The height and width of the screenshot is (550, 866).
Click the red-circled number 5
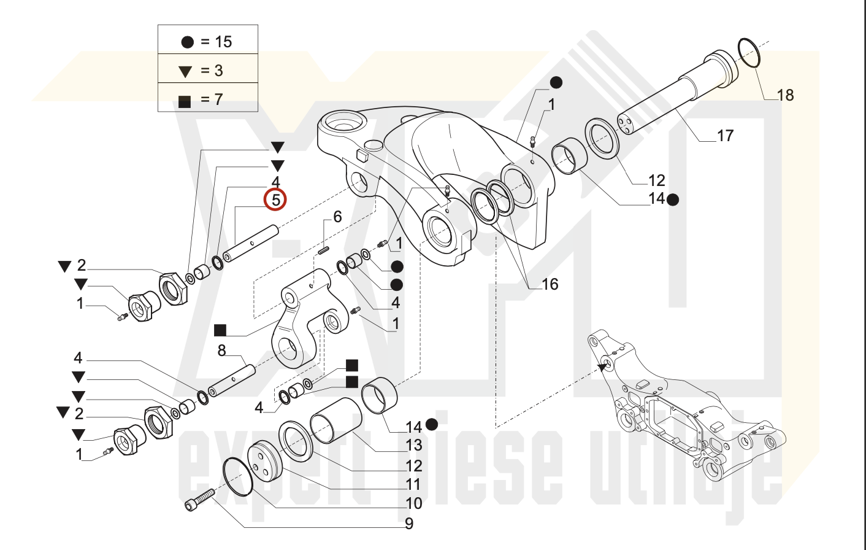[275, 199]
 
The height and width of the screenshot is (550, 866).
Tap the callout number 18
[785, 95]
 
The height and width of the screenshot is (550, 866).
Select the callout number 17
[725, 136]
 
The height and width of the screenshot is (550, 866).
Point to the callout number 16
[550, 284]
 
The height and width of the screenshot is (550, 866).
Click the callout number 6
[337, 217]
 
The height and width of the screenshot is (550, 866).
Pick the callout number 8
[221, 351]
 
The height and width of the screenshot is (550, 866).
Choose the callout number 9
[409, 524]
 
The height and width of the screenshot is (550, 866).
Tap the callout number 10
[413, 503]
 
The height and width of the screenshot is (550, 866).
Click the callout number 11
[413, 484]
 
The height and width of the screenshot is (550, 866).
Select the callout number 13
[413, 446]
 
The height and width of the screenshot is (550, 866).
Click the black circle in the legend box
[188, 42]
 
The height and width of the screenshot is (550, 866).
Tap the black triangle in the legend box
[185, 72]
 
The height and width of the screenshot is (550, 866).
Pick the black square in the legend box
[185, 102]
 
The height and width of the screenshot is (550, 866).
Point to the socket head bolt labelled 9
[199, 500]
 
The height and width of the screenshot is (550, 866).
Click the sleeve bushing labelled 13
[336, 420]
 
